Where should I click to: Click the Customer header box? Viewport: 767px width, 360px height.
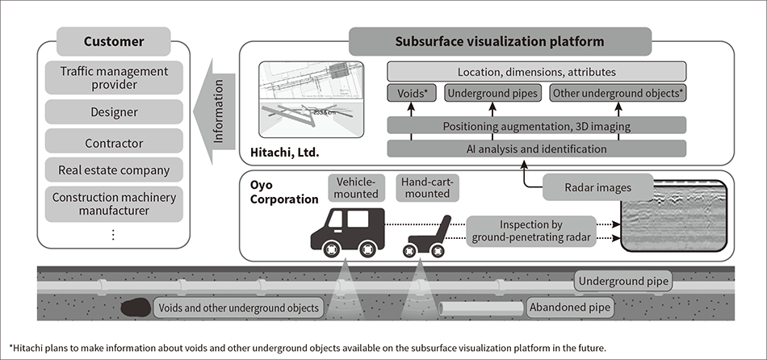tap(114, 41)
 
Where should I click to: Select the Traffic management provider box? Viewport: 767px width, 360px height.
tap(114, 78)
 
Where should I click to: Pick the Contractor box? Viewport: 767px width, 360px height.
tap(114, 143)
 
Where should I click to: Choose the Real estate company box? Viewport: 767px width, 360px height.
tap(114, 170)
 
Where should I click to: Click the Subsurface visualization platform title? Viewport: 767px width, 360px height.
tap(501, 41)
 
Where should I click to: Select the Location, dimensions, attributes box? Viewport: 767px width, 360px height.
tap(537, 71)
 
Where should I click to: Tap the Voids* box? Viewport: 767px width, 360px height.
tap(413, 94)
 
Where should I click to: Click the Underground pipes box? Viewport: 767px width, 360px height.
tap(492, 94)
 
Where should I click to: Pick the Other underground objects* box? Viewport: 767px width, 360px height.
tap(618, 94)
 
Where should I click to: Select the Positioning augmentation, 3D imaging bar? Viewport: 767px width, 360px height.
tap(537, 125)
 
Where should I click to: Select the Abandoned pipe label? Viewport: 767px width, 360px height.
tap(568, 307)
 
